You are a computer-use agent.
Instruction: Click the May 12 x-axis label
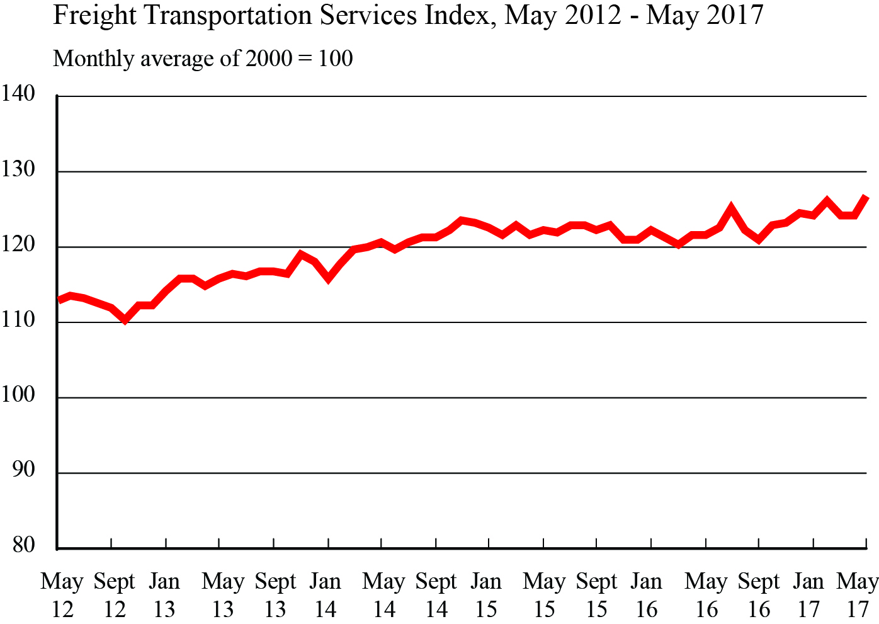tap(62, 595)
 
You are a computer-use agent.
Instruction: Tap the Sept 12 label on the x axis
tap(114, 595)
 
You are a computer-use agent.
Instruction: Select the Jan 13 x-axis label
tap(164, 595)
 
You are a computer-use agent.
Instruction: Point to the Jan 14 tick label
tap(325, 595)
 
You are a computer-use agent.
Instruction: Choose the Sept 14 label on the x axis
tap(436, 595)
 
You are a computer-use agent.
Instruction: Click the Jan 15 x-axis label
tap(486, 595)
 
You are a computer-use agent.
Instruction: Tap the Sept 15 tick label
tap(596, 595)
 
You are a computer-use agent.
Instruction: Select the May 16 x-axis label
tap(706, 595)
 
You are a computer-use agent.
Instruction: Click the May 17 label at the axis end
tap(857, 595)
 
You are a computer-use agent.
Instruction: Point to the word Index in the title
tap(455, 15)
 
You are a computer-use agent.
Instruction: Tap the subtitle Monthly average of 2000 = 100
tap(203, 59)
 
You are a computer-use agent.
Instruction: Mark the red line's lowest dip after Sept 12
tap(125, 320)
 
